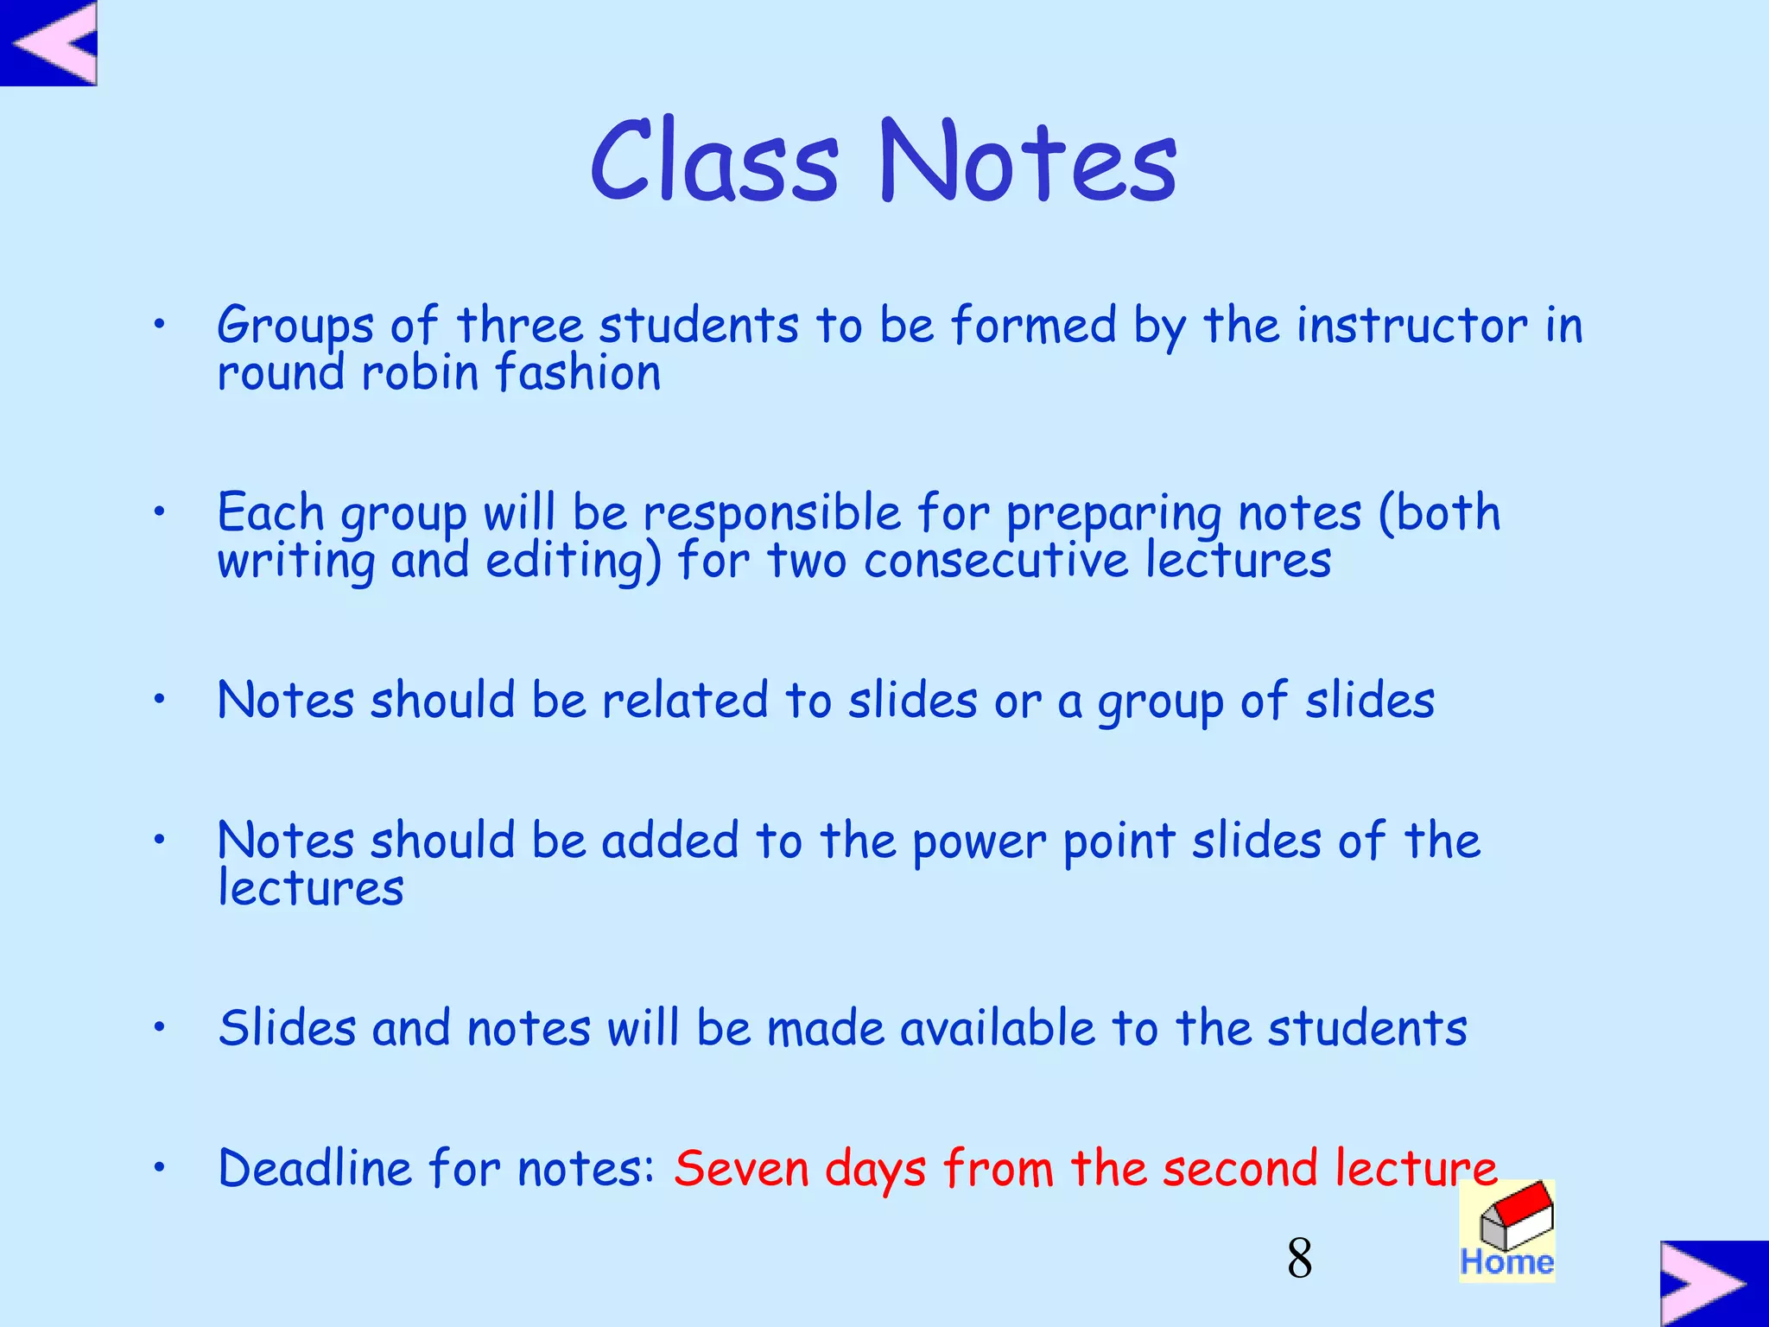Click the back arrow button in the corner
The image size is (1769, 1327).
pos(49,43)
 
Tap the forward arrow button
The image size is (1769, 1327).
pos(1713,1283)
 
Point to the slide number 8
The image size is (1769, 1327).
pos(1299,1259)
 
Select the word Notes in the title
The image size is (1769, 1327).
pos(1028,162)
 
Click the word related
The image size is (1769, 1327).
pos(684,700)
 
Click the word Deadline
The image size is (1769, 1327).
pos(315,1169)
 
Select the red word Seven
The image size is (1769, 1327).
pos(741,1169)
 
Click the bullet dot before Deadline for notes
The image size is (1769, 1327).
pos(159,1168)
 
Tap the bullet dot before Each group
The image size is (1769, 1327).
pos(159,512)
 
